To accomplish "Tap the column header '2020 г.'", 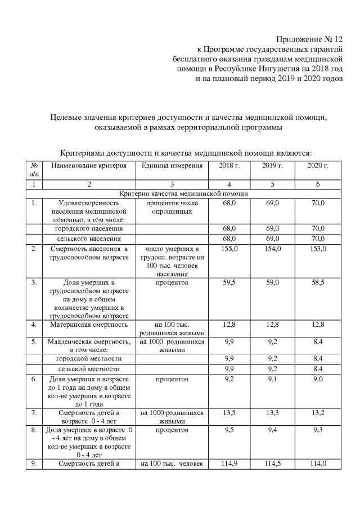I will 318,166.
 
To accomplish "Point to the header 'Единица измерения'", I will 172,166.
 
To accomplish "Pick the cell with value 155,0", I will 228,249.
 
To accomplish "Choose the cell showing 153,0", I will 318,249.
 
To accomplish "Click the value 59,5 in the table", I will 228,282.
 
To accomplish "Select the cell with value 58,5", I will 318,282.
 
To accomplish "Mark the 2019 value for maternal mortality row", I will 273,325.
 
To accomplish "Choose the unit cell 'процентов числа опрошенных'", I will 172,207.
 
